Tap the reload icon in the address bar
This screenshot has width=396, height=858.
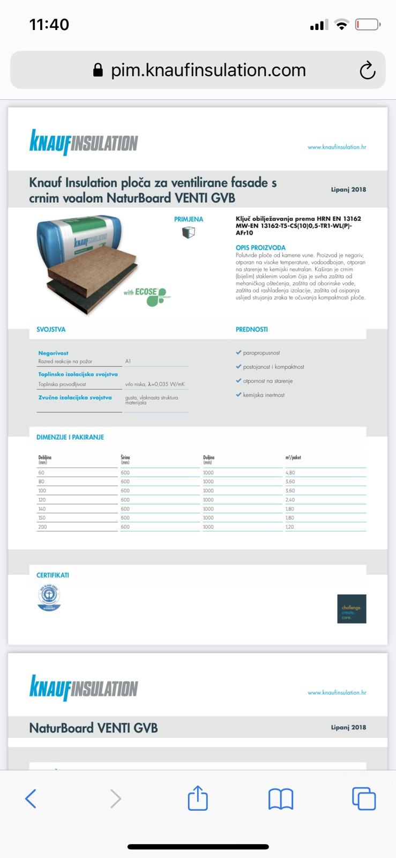(367, 70)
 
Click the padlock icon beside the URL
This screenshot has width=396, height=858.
(98, 70)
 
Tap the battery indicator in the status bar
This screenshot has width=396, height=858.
(368, 25)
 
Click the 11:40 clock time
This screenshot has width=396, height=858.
(49, 25)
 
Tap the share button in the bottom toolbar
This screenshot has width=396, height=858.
(198, 798)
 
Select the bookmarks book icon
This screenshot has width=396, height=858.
(280, 799)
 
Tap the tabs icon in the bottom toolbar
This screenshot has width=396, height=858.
(364, 798)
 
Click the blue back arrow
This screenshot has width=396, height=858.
(31, 798)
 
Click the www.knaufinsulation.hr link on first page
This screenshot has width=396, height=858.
(337, 147)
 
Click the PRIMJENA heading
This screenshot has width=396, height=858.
(189, 219)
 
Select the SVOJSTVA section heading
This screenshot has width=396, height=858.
(51, 329)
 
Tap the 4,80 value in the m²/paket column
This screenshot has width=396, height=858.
(290, 473)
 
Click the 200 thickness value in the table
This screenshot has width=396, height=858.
(42, 527)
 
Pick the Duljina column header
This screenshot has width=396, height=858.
(209, 459)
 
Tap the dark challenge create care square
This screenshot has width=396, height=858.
(352, 609)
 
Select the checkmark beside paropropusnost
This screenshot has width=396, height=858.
(238, 353)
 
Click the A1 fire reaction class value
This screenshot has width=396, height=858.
(128, 361)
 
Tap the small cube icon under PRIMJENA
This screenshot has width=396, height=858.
(188, 232)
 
